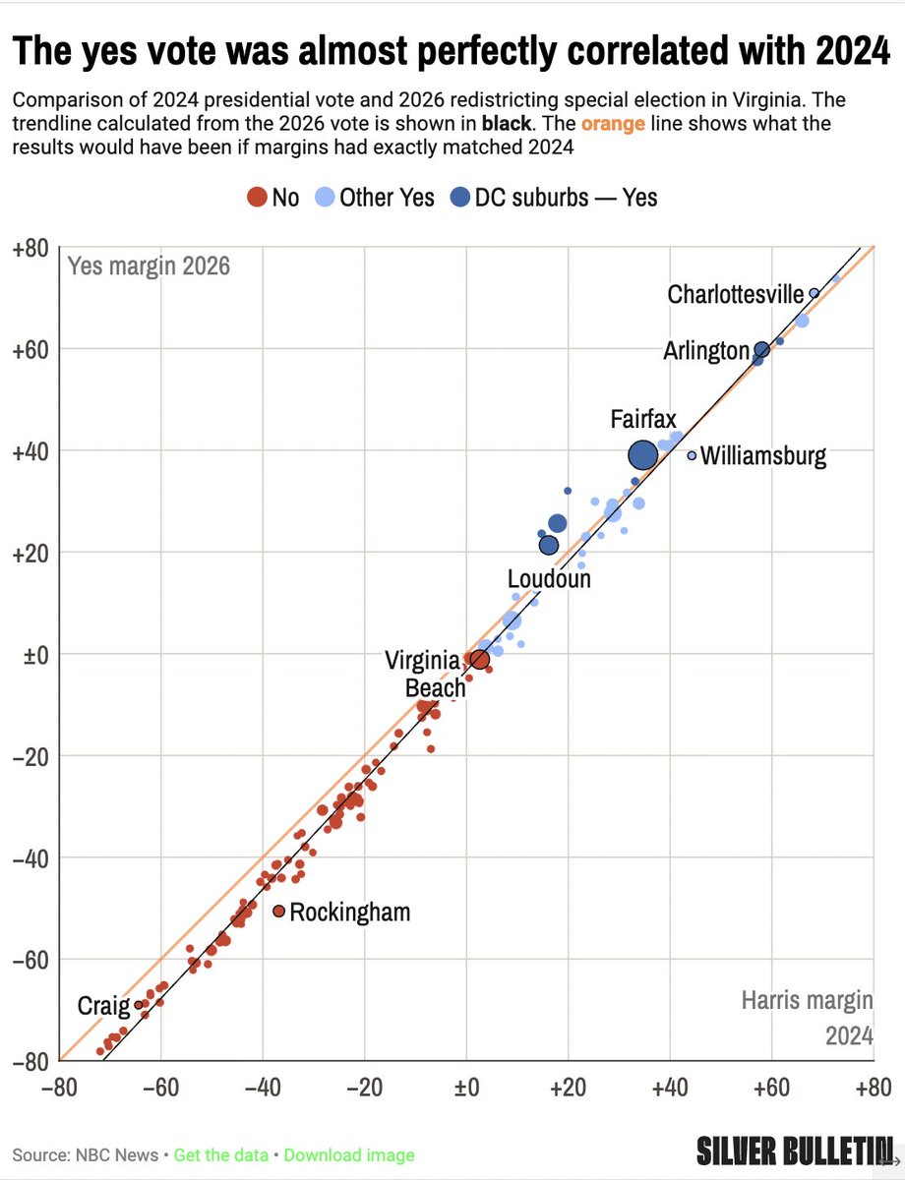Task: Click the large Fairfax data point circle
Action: [643, 454]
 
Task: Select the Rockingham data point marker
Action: [279, 912]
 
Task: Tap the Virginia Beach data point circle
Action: [479, 659]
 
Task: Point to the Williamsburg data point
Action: [692, 455]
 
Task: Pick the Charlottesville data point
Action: [814, 293]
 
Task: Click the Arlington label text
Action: [705, 350]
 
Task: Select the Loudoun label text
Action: [549, 579]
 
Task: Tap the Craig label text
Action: [103, 1006]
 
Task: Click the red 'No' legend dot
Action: [257, 198]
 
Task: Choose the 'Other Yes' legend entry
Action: [374, 198]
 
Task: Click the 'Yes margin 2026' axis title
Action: [149, 265]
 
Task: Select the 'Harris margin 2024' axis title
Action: [807, 1018]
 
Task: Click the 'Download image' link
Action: [349, 1155]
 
